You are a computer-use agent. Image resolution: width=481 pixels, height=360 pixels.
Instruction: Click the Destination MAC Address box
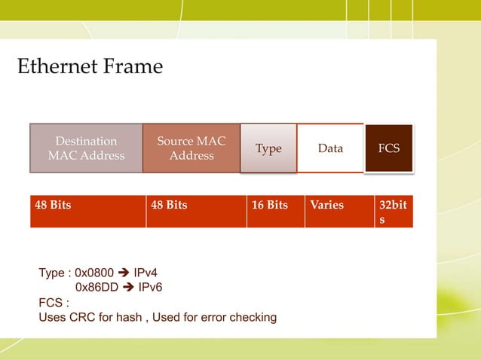(86, 148)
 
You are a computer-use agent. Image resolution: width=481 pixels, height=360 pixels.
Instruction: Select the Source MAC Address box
(191, 148)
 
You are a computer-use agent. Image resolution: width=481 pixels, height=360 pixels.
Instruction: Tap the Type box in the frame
(268, 148)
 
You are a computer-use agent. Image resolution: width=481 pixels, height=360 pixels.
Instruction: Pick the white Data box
(330, 148)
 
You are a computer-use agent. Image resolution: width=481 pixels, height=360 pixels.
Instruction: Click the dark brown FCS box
(388, 148)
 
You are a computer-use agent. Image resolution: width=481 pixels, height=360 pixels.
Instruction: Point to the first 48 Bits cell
(87, 212)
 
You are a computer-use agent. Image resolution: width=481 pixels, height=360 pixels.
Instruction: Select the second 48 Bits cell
(196, 212)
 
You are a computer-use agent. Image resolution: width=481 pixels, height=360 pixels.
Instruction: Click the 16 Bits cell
(274, 212)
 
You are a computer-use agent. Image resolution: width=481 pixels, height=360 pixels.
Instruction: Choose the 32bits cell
(393, 212)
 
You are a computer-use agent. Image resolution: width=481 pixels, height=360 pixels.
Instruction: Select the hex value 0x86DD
(97, 288)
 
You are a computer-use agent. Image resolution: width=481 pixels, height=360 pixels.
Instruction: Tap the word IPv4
(146, 273)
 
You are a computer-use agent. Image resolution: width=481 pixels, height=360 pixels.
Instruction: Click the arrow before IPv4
(124, 273)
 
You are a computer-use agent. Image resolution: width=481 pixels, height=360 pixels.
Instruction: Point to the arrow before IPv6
(128, 288)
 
